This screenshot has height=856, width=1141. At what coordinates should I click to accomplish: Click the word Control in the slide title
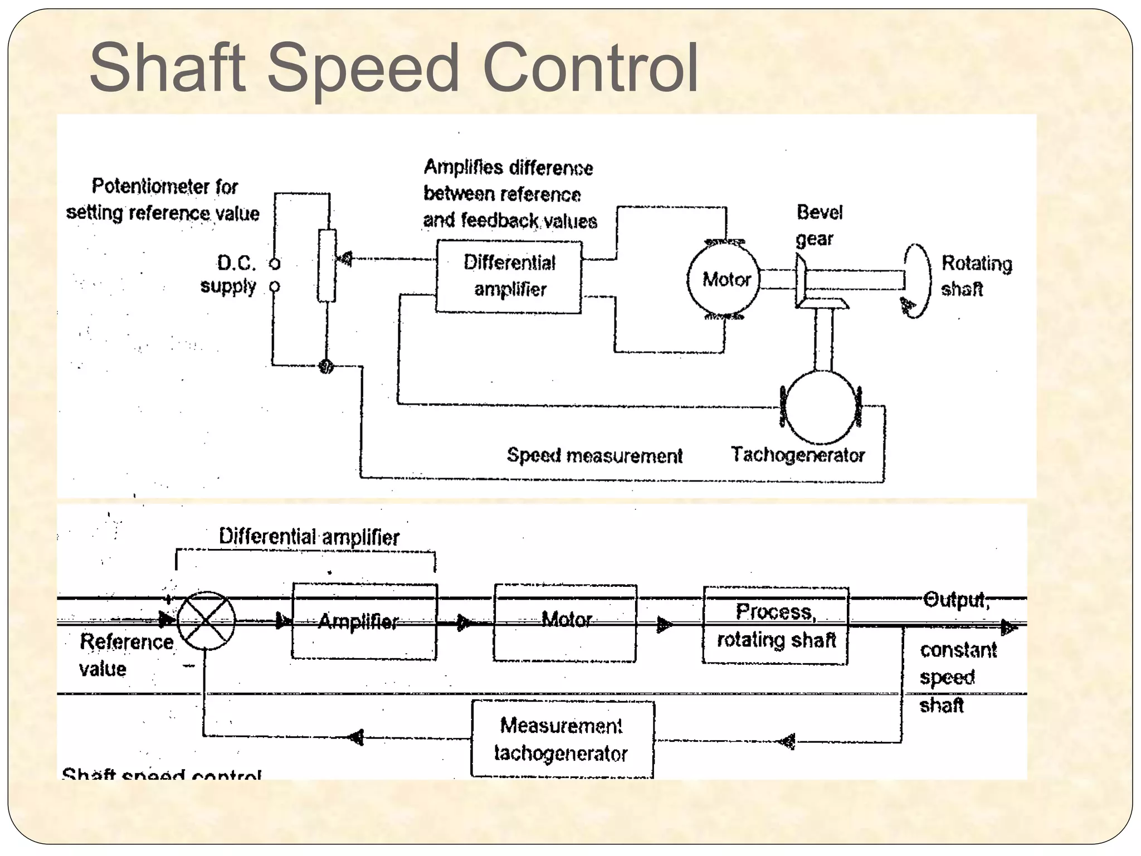click(x=591, y=68)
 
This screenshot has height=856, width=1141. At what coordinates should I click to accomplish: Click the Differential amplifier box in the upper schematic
click(x=509, y=276)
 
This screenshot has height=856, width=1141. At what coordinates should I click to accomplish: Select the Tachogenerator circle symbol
click(x=821, y=407)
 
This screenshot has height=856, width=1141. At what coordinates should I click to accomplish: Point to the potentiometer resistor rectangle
click(x=327, y=266)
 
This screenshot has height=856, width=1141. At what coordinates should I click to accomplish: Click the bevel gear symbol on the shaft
click(x=801, y=281)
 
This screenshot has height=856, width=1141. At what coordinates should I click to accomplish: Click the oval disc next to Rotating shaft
click(x=916, y=280)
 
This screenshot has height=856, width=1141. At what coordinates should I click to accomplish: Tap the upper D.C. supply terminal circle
click(x=275, y=264)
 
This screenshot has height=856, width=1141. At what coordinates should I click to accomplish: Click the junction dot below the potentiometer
click(x=326, y=366)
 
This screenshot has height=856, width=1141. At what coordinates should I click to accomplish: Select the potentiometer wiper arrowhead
click(x=345, y=259)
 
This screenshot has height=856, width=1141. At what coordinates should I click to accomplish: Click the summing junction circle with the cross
click(x=206, y=620)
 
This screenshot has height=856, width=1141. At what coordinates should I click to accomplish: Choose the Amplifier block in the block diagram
click(x=364, y=621)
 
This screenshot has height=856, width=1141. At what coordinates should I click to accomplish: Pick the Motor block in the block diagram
click(x=564, y=622)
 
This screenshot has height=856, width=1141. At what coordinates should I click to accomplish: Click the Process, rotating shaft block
click(x=776, y=625)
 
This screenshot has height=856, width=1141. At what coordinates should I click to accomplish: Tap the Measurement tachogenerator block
click(x=562, y=739)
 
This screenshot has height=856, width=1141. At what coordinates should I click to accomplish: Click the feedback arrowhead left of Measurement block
click(x=356, y=737)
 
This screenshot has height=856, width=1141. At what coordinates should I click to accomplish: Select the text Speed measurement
click(x=594, y=456)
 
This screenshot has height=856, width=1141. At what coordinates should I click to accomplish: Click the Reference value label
click(x=126, y=655)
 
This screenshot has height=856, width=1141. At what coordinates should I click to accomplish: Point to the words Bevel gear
click(x=818, y=225)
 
